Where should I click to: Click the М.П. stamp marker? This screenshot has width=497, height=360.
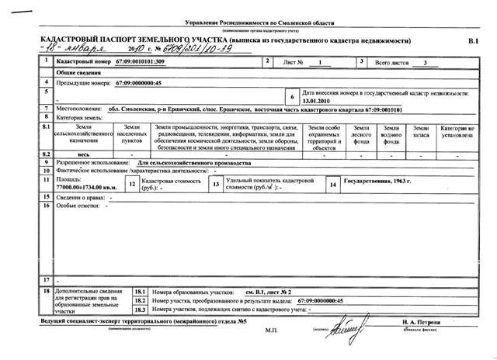(x=271, y=330)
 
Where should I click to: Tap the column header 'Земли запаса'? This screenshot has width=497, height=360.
(x=420, y=133)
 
